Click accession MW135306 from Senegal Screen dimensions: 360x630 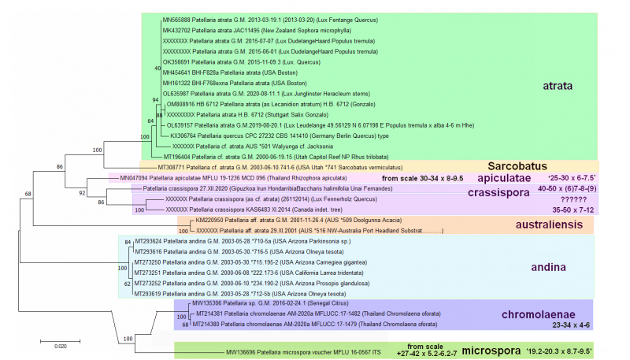[208, 302]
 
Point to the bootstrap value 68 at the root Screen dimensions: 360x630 [27, 193]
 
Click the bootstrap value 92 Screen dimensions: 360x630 [82, 191]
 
